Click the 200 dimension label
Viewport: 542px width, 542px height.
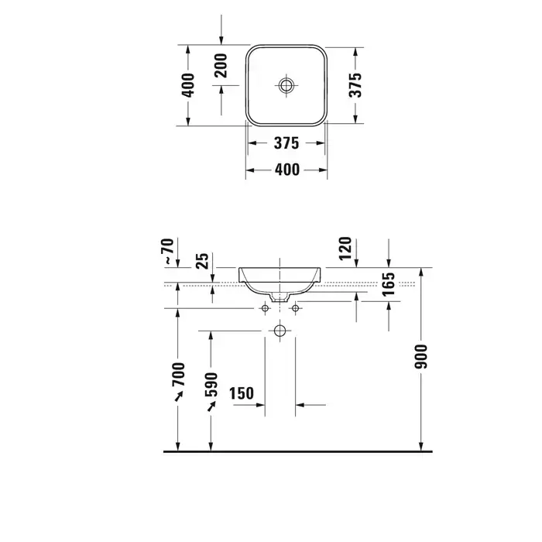tap(221, 66)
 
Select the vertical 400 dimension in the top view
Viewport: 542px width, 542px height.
tap(188, 85)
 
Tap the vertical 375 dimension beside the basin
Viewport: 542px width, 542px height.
tap(355, 85)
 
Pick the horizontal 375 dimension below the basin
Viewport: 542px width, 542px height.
tap(286, 143)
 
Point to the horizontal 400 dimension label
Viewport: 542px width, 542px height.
tap(287, 170)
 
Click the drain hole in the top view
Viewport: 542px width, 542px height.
tap(286, 85)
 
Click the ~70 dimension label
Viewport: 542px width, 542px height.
tap(167, 252)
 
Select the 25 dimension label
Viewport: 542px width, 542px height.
tap(203, 261)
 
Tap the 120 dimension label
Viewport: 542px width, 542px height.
tap(345, 249)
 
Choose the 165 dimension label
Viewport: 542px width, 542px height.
tap(389, 284)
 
